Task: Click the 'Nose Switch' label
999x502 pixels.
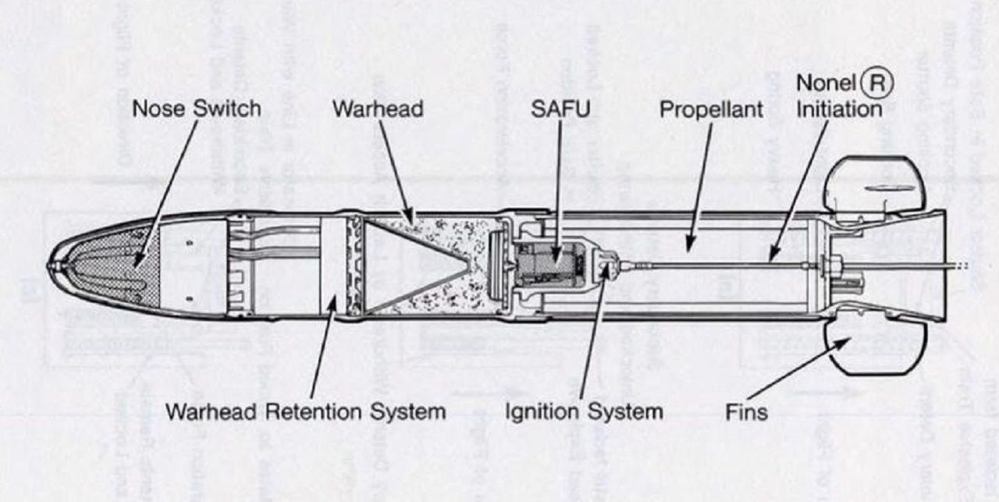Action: coord(197,109)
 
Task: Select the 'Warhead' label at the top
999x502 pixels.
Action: coord(378,109)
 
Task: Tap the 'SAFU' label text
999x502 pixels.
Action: coord(560,109)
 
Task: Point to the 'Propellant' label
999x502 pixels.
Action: coord(711,109)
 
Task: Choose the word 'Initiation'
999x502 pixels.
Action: coord(838,109)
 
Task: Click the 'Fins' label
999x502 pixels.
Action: coord(745,411)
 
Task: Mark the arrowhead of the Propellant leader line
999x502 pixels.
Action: coord(688,251)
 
